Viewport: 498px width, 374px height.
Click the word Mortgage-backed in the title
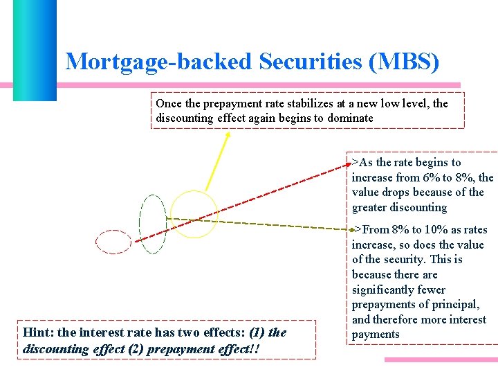[158, 62]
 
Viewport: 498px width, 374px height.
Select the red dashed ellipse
[113, 241]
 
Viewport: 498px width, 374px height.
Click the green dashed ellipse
[153, 224]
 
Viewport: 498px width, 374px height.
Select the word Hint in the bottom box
[35, 332]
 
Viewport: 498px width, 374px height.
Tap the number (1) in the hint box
[257, 332]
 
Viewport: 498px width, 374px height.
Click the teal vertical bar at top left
[34, 48]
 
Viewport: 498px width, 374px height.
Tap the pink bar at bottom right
[441, 360]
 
